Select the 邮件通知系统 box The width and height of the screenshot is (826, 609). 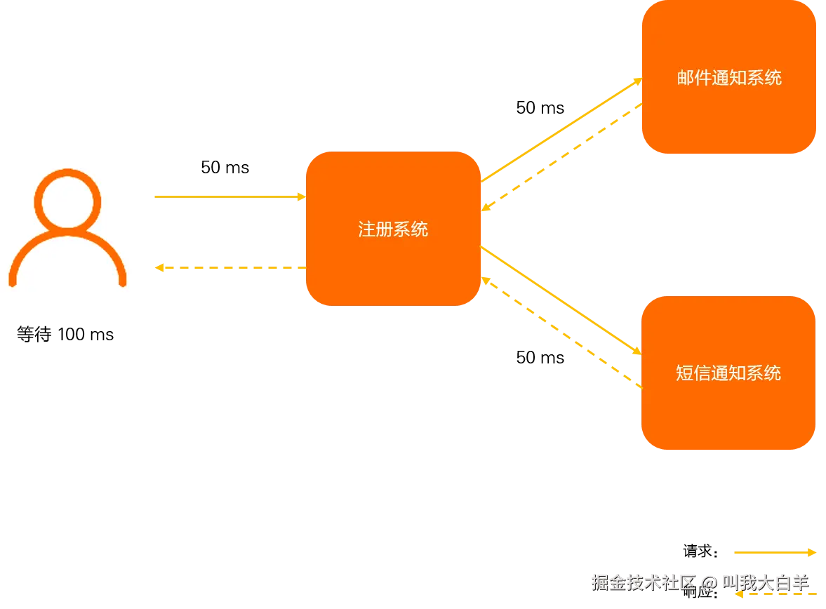point(729,119)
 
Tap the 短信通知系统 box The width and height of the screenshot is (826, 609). point(728,414)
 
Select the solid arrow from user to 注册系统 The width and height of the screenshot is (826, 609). point(228,197)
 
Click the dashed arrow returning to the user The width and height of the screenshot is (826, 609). point(232,267)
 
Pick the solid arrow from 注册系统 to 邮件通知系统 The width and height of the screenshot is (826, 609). point(561,130)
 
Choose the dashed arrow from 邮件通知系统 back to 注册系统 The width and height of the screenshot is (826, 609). point(561,158)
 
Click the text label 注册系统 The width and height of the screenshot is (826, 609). point(393,229)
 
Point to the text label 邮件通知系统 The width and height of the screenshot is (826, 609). point(729,78)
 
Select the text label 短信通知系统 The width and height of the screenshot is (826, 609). point(728,373)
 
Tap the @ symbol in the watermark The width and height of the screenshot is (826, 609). point(709,582)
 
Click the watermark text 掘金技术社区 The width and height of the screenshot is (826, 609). point(642,582)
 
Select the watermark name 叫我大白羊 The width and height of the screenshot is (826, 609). point(766,582)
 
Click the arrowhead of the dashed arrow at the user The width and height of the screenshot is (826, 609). point(160,267)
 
